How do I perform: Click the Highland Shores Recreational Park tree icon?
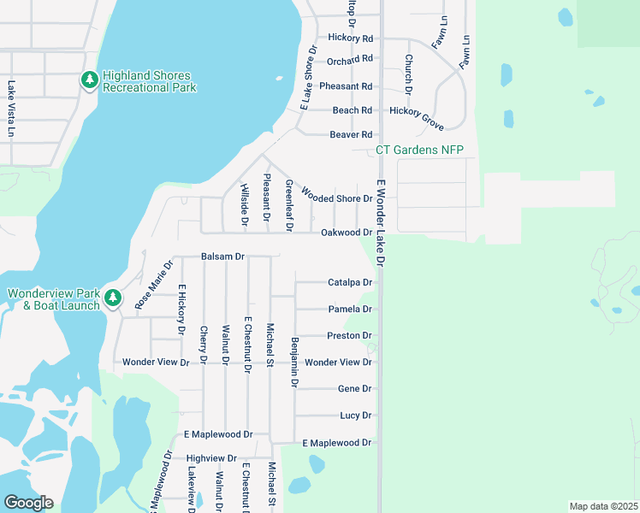coord(89,80)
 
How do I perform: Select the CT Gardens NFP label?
coord(419,150)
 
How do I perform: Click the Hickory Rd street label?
coord(351,38)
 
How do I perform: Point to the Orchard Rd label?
coord(350,59)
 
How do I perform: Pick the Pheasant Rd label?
coord(346,86)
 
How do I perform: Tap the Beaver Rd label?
coord(351,135)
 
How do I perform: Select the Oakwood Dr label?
coord(347,233)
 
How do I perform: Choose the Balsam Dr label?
coord(223,256)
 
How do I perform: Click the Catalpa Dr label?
coord(351,282)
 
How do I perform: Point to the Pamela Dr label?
coord(350,310)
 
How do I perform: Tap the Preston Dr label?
coord(349,336)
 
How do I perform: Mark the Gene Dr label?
coord(355,389)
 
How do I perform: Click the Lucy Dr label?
coord(355,416)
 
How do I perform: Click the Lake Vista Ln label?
coord(11,109)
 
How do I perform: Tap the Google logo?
coord(28,503)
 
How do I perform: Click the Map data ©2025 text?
coord(603,505)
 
